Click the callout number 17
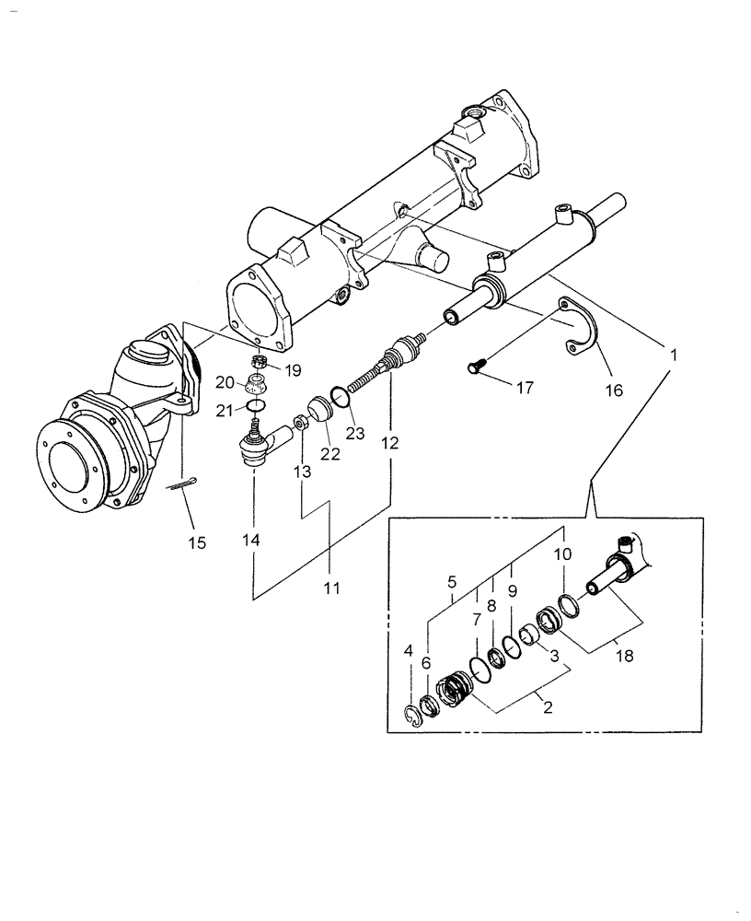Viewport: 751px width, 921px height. [x=524, y=389]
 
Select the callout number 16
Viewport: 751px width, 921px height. [x=613, y=390]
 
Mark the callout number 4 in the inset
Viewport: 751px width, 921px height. [x=408, y=651]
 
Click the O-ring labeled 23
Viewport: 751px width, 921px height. [x=340, y=396]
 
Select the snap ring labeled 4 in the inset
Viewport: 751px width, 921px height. [x=415, y=717]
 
